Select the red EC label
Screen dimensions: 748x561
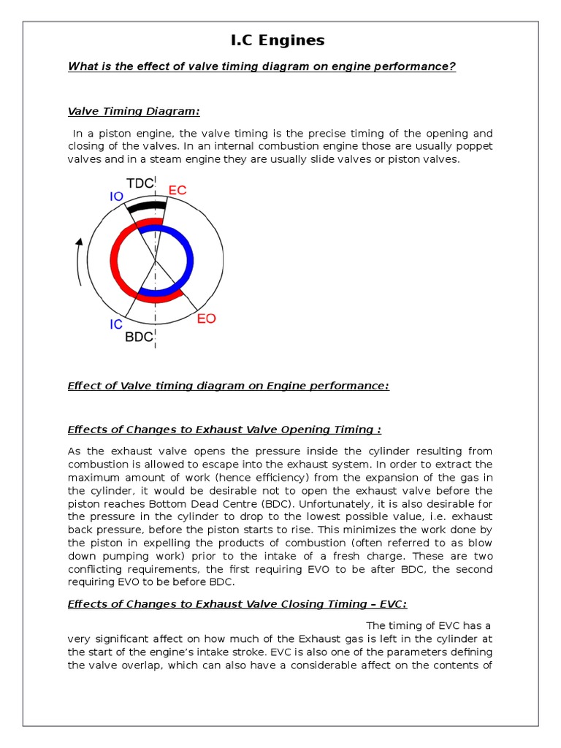178,191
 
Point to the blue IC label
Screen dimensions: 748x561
116,324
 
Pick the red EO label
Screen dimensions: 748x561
206,319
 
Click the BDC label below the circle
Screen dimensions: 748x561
139,337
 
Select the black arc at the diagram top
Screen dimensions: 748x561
141,207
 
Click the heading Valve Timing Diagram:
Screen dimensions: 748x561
134,111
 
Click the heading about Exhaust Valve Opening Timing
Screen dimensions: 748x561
224,430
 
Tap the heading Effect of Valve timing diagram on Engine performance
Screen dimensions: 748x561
228,386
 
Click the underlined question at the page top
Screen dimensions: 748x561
262,67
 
